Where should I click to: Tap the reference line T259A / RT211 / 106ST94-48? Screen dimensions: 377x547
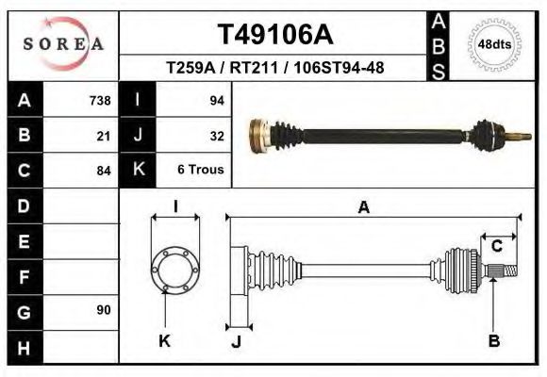pos(274,68)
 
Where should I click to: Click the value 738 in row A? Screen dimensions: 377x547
pos(100,100)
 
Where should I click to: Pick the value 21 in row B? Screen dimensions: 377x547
pos(104,135)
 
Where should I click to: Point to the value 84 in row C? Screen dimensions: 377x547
pos(104,171)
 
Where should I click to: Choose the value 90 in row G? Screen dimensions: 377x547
pos(104,310)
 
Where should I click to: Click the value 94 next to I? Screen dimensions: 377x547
pos(216,100)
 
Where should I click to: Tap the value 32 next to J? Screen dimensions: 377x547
pos(216,135)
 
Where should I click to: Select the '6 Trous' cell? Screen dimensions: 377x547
pos(201,171)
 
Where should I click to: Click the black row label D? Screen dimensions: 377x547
pos(25,205)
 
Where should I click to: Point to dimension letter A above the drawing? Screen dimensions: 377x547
pos(363,208)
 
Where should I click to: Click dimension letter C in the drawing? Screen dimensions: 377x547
pos(496,246)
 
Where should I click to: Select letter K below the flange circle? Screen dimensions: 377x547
pos(164,341)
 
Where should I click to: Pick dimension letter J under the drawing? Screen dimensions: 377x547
pos(236,341)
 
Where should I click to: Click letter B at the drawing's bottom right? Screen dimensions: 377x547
pos(493,341)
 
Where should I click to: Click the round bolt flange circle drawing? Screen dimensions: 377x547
pos(176,270)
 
